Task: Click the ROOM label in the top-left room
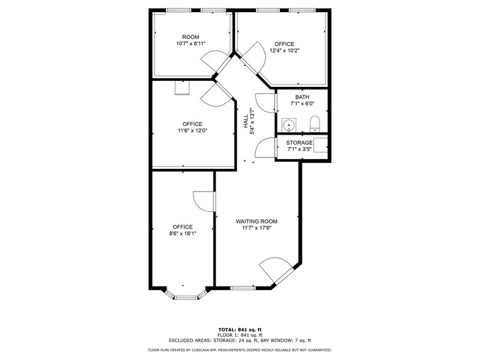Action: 190,37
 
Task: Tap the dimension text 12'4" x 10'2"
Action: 284,51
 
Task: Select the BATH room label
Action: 302,97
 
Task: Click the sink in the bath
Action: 288,124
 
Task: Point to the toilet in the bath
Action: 315,124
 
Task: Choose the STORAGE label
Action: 299,143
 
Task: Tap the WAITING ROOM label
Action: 257,221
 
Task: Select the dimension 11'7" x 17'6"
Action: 257,228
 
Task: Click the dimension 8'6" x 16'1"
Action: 182,233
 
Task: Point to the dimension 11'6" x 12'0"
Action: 192,130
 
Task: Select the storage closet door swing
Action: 266,148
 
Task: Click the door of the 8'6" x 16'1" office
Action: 204,200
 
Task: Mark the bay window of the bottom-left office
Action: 183,297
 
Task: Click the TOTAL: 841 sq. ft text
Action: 240,329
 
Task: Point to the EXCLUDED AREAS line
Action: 240,340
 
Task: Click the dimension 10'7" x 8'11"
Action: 190,43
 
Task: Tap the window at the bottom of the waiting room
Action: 244,288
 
